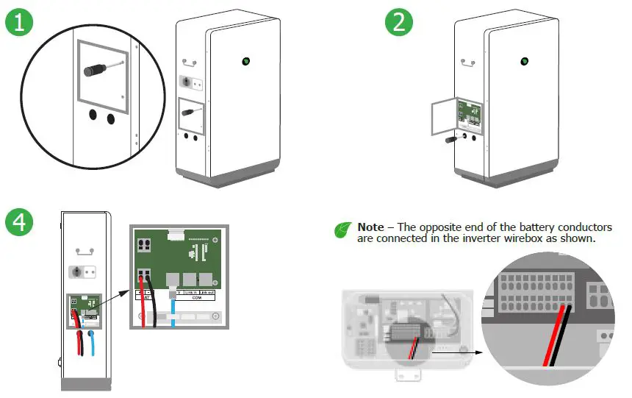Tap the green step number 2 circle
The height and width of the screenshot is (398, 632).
click(398, 22)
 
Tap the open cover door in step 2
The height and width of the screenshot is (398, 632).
click(443, 120)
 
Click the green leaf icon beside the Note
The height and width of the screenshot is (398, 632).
click(342, 230)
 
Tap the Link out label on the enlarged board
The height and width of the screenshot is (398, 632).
click(208, 293)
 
